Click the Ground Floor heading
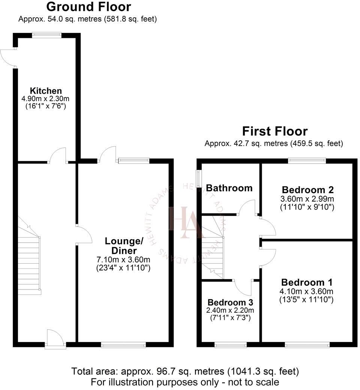coord(88,7)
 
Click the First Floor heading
coord(274,131)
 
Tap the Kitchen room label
coord(46,91)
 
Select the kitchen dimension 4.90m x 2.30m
coord(46,99)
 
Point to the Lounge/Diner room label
coord(121,246)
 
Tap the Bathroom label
coord(229,188)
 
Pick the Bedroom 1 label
coord(307,282)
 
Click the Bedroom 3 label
coord(230,302)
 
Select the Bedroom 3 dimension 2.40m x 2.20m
coord(231,310)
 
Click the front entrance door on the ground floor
coord(55,339)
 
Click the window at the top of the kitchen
coord(46,35)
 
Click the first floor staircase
coord(213,255)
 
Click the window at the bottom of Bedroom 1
coord(307,344)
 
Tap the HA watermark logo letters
coord(187,223)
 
